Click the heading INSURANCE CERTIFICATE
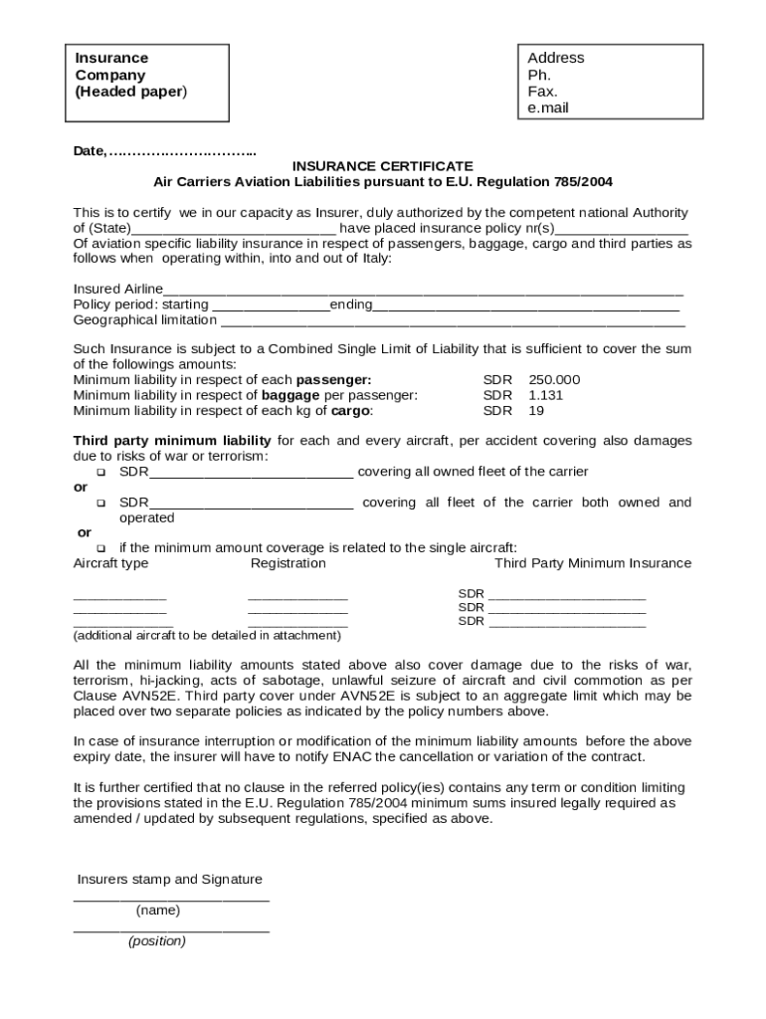click(x=382, y=166)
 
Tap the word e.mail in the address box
click(x=548, y=108)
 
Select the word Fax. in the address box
click(x=542, y=92)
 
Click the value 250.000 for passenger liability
click(x=554, y=380)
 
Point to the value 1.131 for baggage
click(x=545, y=395)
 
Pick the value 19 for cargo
click(x=536, y=410)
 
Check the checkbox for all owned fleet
click(x=100, y=472)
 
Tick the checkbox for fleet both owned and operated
click(x=100, y=504)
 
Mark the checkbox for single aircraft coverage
click(x=100, y=548)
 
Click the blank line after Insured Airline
click(x=423, y=292)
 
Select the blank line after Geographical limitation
click(x=453, y=322)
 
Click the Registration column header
click(x=287, y=563)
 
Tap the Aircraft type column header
click(x=110, y=563)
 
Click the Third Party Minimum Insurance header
click(x=592, y=563)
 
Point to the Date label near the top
click(x=89, y=151)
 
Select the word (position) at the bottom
click(x=156, y=941)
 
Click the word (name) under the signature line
click(x=158, y=911)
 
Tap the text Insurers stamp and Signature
click(x=170, y=880)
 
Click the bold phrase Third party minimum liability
click(x=172, y=441)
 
